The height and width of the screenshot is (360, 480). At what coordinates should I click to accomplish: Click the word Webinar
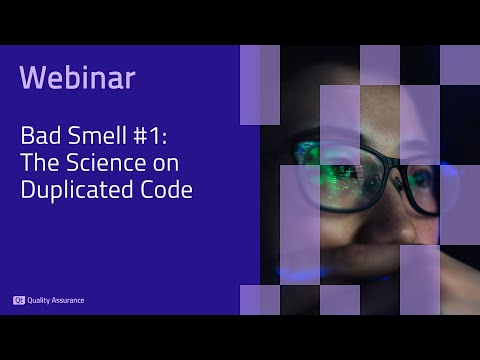click(x=77, y=77)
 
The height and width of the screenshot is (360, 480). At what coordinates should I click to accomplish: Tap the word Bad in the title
click(x=40, y=138)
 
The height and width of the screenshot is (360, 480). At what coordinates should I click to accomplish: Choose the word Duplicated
click(x=73, y=190)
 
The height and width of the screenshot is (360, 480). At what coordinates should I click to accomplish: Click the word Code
click(x=163, y=190)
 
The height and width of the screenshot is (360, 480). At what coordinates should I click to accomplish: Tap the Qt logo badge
click(x=18, y=300)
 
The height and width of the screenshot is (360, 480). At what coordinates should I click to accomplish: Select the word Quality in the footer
click(x=42, y=300)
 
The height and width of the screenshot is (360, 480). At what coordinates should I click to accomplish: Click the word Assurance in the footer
click(x=68, y=300)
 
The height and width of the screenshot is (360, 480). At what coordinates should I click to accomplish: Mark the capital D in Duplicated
click(x=27, y=190)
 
